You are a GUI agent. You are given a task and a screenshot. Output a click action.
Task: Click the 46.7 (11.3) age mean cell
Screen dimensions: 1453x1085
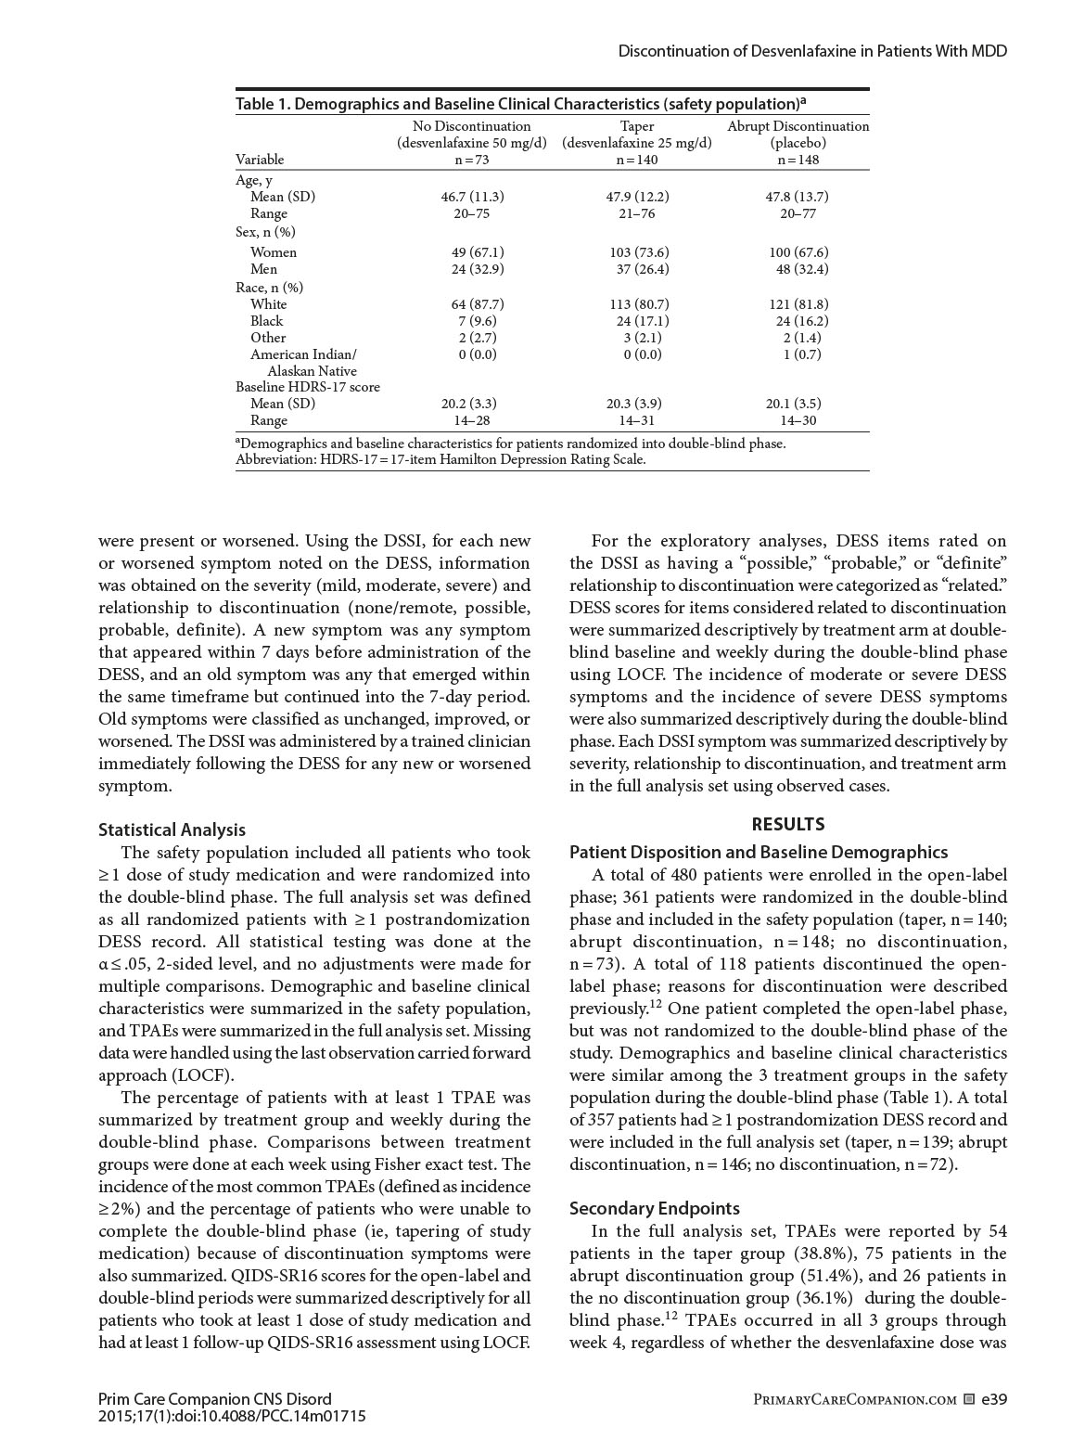pos(472,197)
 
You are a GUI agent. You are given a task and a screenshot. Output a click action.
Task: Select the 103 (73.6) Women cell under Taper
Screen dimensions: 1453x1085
pos(636,252)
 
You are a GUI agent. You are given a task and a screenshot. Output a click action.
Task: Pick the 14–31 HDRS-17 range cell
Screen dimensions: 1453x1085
pos(636,420)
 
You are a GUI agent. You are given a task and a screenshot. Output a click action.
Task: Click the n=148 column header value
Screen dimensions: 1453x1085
pos(798,160)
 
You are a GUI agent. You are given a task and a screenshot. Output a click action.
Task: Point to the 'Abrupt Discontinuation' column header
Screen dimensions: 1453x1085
pos(798,126)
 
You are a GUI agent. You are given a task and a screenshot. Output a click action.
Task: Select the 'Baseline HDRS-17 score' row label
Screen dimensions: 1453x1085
pos(308,387)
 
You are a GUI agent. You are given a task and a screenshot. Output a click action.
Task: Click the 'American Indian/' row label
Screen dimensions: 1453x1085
pos(303,354)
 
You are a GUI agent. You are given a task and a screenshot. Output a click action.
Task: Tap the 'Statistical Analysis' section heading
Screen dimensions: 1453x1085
pos(172,829)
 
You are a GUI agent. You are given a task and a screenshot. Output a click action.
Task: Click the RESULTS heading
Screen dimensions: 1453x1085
pos(787,824)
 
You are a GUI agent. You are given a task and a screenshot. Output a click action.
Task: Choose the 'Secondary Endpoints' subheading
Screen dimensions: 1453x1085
pos(655,1208)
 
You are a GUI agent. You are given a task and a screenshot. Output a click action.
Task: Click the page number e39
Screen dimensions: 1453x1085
pos(994,1399)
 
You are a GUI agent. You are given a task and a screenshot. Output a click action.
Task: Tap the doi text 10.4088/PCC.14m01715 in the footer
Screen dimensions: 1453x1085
pos(278,1416)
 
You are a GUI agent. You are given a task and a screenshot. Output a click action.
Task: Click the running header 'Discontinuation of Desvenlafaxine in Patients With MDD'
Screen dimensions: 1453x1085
pos(812,51)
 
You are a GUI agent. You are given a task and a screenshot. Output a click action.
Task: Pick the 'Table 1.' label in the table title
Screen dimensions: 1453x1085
pos(262,103)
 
